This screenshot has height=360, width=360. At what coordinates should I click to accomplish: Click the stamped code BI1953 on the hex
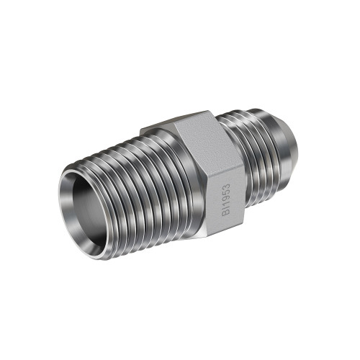[x=226, y=199]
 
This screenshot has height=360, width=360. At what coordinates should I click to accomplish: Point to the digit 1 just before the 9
[x=226, y=204]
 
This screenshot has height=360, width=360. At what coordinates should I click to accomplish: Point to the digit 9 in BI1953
[x=226, y=199]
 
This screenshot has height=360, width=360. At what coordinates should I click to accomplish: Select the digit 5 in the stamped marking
[x=226, y=192]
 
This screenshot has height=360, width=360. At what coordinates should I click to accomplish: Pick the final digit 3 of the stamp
[x=226, y=186]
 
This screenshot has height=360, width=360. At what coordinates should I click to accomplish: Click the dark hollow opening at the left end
[x=89, y=211]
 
